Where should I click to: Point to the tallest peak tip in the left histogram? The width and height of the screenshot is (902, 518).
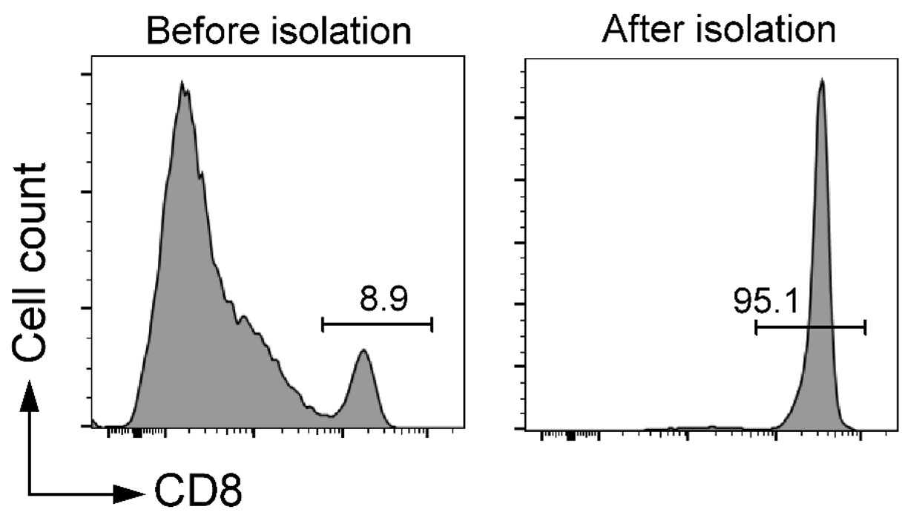[182, 82]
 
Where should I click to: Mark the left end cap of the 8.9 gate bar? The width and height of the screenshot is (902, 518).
[323, 324]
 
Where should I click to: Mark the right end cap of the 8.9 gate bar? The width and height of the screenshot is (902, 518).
[432, 324]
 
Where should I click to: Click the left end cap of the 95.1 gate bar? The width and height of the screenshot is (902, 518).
[756, 327]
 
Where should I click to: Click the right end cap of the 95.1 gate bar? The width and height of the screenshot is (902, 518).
[865, 327]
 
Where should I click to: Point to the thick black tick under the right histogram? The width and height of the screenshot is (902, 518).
[570, 436]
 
